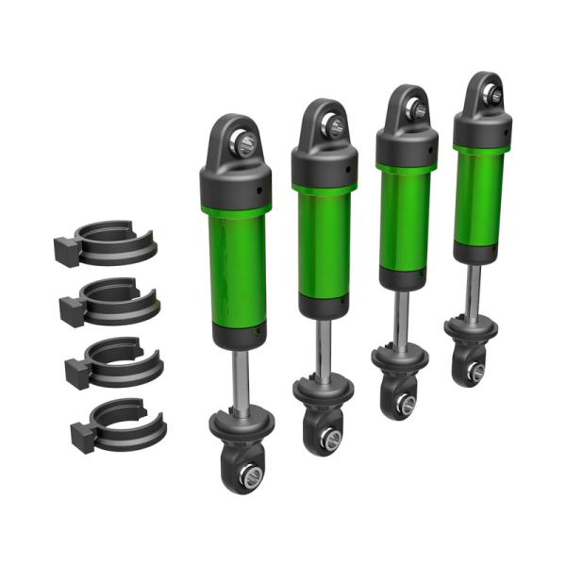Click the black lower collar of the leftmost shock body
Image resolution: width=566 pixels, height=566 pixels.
(x=237, y=332)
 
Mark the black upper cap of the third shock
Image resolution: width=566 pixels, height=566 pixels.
(x=408, y=146)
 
